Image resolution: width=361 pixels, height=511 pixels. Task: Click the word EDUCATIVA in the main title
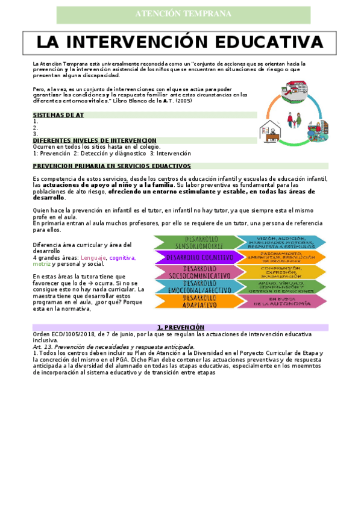tap(269, 42)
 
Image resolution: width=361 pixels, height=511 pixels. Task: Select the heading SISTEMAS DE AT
tap(58, 114)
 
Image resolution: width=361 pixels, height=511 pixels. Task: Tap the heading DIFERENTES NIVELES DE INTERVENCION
tap(95, 140)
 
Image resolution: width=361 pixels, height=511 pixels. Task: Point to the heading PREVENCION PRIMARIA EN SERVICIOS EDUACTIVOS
tap(111, 165)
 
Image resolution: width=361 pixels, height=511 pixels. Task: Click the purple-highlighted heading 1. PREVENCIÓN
tap(180, 327)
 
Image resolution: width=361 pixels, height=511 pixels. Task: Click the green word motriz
tap(42, 264)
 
